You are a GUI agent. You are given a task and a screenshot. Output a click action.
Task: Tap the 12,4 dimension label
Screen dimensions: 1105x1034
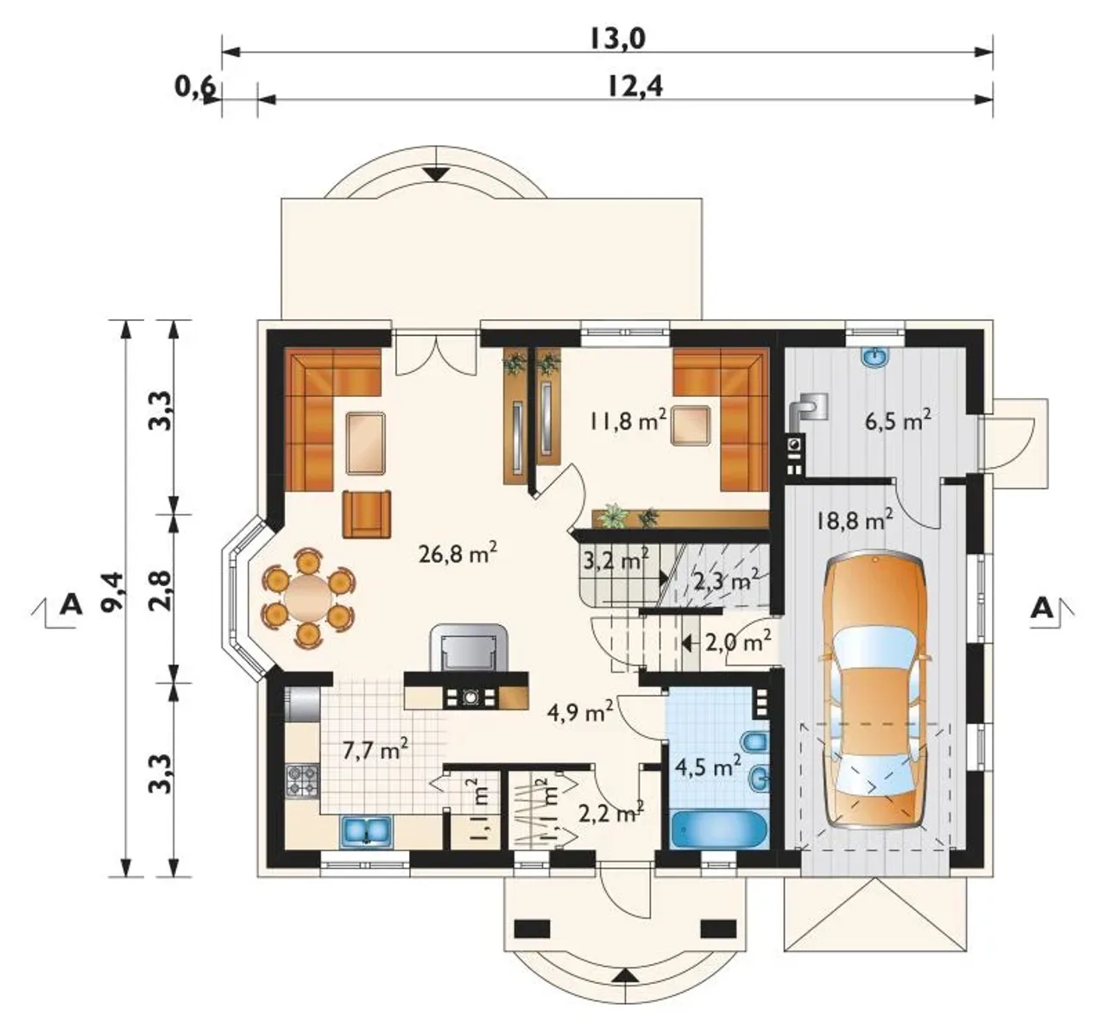point(635,87)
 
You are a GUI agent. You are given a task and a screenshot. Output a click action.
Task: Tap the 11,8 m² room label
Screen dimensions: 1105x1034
point(628,421)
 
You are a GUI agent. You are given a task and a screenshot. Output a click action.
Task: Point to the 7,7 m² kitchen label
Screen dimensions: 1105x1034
point(376,751)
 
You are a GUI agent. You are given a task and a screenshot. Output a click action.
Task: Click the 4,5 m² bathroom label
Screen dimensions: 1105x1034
point(707,767)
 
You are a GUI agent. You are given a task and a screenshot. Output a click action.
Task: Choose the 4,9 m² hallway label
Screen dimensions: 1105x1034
point(580,712)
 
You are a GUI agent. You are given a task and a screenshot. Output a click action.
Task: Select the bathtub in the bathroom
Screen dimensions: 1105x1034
point(718,829)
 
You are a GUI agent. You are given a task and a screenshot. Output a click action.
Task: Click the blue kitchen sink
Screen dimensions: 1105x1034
point(366,831)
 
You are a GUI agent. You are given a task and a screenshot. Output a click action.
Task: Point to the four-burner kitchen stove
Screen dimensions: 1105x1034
point(303,780)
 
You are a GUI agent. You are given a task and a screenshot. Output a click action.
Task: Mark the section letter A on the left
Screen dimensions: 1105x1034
point(71,604)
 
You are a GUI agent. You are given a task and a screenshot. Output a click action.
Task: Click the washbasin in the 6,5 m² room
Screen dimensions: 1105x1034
point(875,356)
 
